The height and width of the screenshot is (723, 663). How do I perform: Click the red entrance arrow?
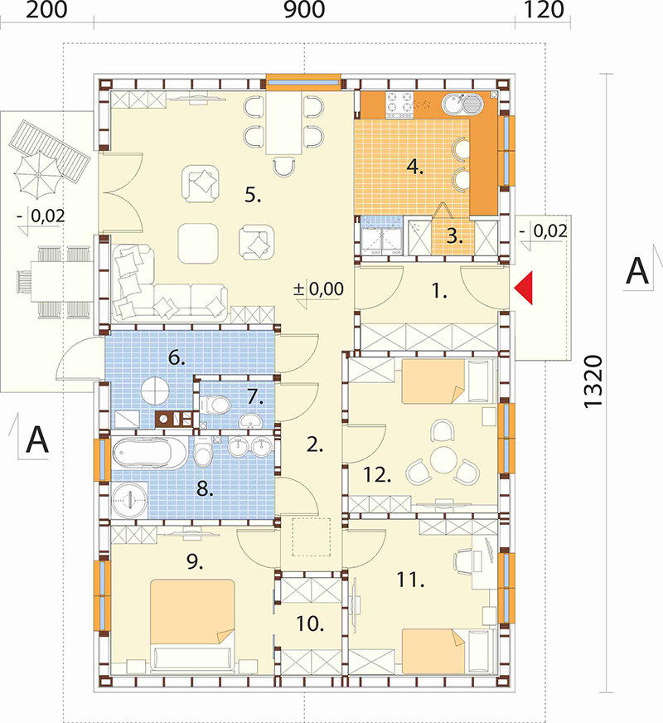[x=524, y=289]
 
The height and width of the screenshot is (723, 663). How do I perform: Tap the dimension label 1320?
[x=593, y=381]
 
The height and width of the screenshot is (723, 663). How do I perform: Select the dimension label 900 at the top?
[x=304, y=10]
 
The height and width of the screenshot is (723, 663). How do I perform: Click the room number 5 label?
[x=253, y=195]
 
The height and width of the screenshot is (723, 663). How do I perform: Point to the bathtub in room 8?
[x=150, y=454]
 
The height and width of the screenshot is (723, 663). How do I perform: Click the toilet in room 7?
[x=215, y=405]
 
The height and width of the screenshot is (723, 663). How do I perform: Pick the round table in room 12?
[x=443, y=459]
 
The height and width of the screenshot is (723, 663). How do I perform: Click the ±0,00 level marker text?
[x=319, y=289]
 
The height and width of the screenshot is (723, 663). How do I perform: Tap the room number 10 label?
[x=310, y=624]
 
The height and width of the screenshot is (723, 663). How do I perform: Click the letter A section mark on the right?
[x=637, y=271]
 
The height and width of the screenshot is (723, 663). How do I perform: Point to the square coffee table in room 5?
[x=198, y=243]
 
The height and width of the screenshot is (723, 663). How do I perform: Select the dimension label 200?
[x=46, y=10]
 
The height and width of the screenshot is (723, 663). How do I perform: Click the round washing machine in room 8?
[x=130, y=499]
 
